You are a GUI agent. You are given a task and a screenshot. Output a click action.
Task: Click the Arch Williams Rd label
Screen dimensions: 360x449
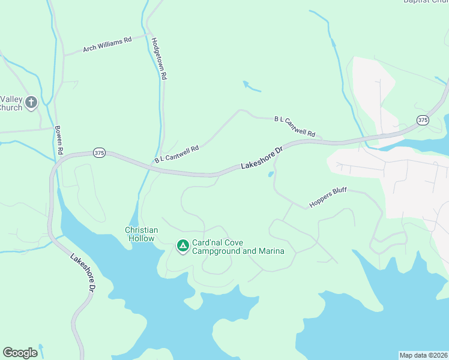tap(107, 44)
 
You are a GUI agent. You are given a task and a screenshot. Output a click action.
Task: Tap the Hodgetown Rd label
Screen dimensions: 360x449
tap(159, 59)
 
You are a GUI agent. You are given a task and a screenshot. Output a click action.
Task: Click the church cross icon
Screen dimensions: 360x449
tap(31, 103)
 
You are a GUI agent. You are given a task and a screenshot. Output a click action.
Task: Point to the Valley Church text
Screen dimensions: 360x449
tap(11, 103)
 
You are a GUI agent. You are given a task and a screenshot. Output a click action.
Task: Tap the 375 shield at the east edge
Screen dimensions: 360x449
tap(423, 120)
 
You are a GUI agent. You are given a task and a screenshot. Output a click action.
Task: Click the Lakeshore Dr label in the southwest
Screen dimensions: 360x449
tap(83, 274)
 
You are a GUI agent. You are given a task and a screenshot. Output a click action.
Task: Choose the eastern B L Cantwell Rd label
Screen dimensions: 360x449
tap(295, 127)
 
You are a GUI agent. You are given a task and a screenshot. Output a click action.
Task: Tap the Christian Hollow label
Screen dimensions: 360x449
tap(142, 234)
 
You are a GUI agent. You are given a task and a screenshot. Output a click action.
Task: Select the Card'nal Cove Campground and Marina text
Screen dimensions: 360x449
tap(238, 247)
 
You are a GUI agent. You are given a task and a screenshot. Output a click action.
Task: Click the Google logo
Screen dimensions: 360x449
tap(20, 353)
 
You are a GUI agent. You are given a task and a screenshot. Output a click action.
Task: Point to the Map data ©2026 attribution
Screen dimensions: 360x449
tap(423, 355)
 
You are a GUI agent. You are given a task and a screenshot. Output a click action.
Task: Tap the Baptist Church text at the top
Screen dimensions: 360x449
tap(426, 2)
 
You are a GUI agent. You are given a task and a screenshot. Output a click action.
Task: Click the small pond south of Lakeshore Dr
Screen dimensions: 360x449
tap(271, 175)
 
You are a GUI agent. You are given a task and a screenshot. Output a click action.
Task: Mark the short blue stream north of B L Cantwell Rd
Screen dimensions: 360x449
tap(252, 86)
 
